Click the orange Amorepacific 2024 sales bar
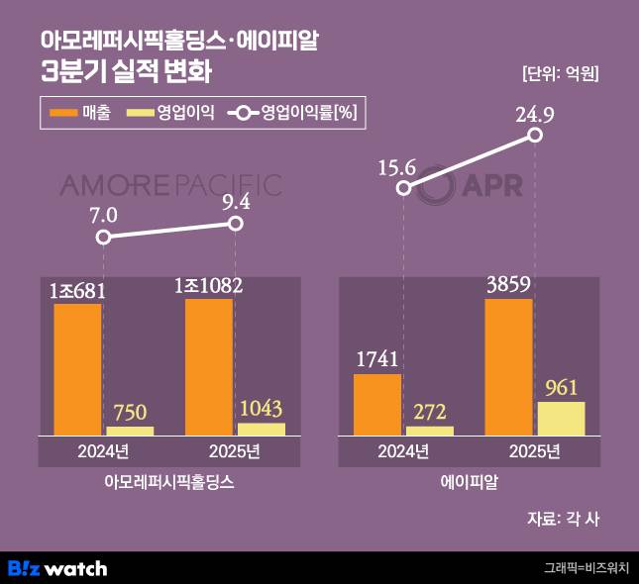point(77,369)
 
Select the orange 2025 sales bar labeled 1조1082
point(209,366)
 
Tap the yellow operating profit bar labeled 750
point(130,431)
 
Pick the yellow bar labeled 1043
point(262,429)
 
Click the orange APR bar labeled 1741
point(377,404)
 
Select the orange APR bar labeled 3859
point(508,366)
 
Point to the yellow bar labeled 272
point(430,431)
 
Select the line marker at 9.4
point(236,224)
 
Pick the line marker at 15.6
point(404,188)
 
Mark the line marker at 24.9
point(535,133)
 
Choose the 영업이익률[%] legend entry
point(291,113)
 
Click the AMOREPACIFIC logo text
point(170,185)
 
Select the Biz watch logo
point(57,568)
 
